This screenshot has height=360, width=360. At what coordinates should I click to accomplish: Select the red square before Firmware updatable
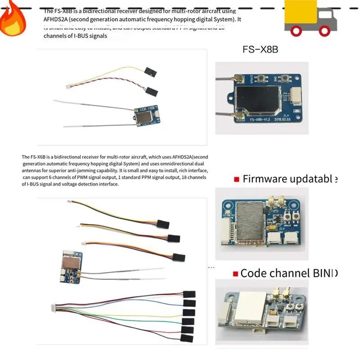point(236,180)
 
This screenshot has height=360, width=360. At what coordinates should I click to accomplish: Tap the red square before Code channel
point(235,274)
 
